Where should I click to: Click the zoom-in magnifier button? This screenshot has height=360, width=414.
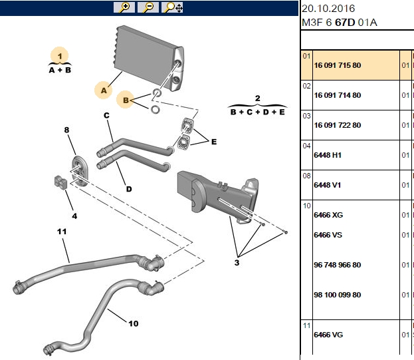click(x=124, y=7)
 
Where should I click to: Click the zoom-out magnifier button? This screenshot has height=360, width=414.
click(x=148, y=7)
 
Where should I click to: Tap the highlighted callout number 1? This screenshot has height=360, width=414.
click(x=60, y=56)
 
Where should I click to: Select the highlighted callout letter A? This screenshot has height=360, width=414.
click(x=104, y=90)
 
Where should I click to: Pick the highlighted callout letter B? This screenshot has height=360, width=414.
click(x=126, y=100)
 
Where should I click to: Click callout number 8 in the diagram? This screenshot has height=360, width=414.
click(x=66, y=130)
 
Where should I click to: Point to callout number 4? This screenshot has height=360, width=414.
click(x=74, y=216)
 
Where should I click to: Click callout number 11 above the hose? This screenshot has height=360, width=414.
click(x=62, y=232)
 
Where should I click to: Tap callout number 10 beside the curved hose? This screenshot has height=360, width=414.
click(x=134, y=323)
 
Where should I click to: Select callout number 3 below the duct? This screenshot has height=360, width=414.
click(x=237, y=263)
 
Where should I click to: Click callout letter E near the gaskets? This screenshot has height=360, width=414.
click(x=214, y=142)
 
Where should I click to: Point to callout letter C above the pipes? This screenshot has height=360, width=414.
click(x=106, y=116)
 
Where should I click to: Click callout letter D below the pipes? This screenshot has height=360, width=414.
click(x=129, y=189)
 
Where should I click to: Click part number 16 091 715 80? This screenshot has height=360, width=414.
click(x=337, y=65)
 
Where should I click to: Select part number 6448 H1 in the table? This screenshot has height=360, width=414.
click(x=328, y=155)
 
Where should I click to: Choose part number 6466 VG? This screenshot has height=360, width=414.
click(x=328, y=335)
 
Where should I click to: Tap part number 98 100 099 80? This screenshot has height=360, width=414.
click(x=337, y=295)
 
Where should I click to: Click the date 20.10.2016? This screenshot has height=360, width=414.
click(x=328, y=9)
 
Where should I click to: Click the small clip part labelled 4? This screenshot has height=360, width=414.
click(x=60, y=182)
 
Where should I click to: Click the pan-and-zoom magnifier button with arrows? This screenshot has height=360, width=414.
click(x=172, y=7)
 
